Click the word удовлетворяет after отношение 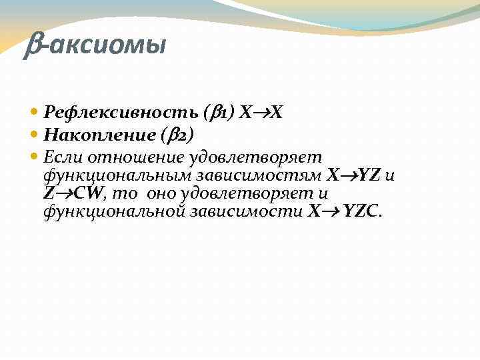coord(255,157)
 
